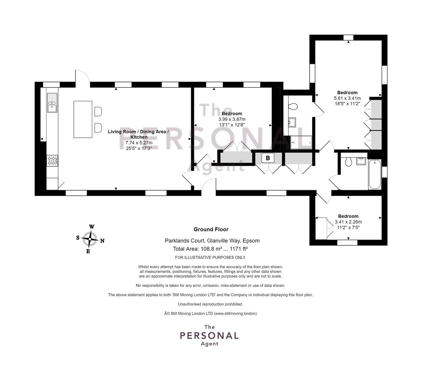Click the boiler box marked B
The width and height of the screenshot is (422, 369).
click(268, 158)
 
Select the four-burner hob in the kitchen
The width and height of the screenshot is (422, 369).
click(52, 161)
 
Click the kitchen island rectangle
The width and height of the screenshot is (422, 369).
click(83, 119)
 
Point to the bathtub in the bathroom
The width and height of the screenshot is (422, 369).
click(375, 174)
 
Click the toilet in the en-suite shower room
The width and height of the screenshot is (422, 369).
click(292, 107)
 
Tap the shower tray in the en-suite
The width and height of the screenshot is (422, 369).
click(301, 142)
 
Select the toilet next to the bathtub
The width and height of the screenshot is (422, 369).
click(349, 162)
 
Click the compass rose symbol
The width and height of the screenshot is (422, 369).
click(90, 239)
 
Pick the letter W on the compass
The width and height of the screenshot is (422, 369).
click(92, 227)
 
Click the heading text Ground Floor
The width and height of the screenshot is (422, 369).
click(211, 229)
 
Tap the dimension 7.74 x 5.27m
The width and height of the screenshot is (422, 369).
click(139, 143)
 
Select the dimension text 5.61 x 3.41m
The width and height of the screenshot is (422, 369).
click(347, 98)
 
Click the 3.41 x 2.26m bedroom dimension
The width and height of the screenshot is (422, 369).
click(348, 222)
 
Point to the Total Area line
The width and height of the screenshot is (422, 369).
click(210, 249)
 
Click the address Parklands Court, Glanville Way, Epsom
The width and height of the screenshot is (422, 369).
click(212, 241)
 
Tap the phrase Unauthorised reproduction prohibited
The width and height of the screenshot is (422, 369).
click(210, 304)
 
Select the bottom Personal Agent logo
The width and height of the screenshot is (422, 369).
click(209, 335)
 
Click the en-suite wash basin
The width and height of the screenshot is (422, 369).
click(292, 122)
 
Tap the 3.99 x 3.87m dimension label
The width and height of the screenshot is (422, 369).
click(232, 119)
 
